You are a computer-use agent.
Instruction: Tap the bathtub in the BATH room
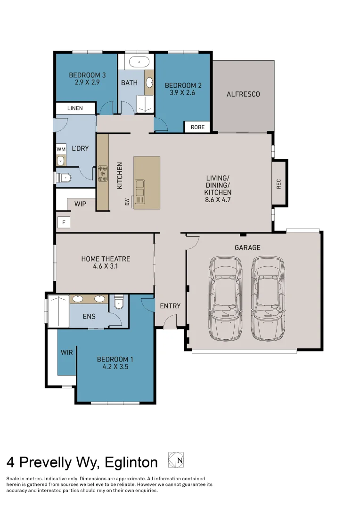[x=139, y=62]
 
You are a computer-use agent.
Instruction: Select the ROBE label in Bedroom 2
[x=198, y=127]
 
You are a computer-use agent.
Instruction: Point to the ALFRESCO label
[x=243, y=94]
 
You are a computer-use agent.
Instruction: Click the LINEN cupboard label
[x=75, y=108]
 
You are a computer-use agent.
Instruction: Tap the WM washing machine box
[x=61, y=149]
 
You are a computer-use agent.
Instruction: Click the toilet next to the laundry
[x=64, y=178]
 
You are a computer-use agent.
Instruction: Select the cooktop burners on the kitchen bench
[x=103, y=173]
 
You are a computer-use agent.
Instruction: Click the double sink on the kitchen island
[x=139, y=191]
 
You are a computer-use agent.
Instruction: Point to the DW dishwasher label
[x=127, y=202]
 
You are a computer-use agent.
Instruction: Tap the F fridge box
[x=64, y=222]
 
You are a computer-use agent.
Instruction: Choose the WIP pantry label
[x=80, y=204]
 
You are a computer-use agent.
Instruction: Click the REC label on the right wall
[x=278, y=184]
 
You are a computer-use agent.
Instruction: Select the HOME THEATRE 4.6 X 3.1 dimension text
[x=106, y=266]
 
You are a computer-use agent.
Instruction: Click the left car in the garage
[x=225, y=299]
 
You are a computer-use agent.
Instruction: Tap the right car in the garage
[x=268, y=299]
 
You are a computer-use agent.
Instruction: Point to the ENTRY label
[x=170, y=306]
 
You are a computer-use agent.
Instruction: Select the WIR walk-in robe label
[x=66, y=352]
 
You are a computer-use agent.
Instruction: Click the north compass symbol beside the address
[x=176, y=460]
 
